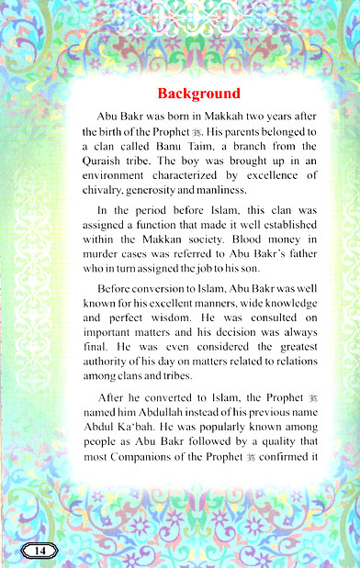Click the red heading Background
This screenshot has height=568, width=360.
(x=198, y=94)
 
